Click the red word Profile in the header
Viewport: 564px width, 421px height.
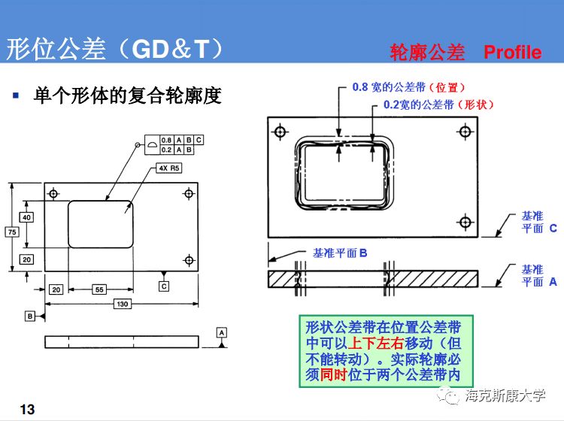(512, 52)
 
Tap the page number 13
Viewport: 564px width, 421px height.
(27, 409)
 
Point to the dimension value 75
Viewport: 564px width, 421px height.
(11, 232)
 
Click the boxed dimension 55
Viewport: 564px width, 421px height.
(99, 289)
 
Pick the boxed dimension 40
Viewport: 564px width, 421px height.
(26, 217)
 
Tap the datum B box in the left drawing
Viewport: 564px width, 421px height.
(30, 316)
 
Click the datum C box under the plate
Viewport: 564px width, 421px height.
(164, 286)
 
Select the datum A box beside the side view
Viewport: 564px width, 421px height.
(221, 332)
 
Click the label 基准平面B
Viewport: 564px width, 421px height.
(339, 253)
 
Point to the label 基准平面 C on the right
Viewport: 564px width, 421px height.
(538, 222)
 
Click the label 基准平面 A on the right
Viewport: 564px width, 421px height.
(538, 275)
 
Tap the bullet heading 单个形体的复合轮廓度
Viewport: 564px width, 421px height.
(128, 96)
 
